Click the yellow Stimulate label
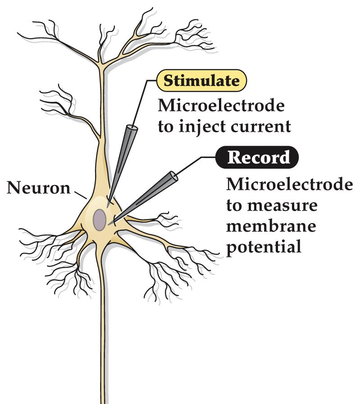point(201,81)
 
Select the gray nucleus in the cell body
point(100,219)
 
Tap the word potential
point(263,247)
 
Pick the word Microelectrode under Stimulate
point(221,107)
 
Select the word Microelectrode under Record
point(289,185)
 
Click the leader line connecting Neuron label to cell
point(80,194)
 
